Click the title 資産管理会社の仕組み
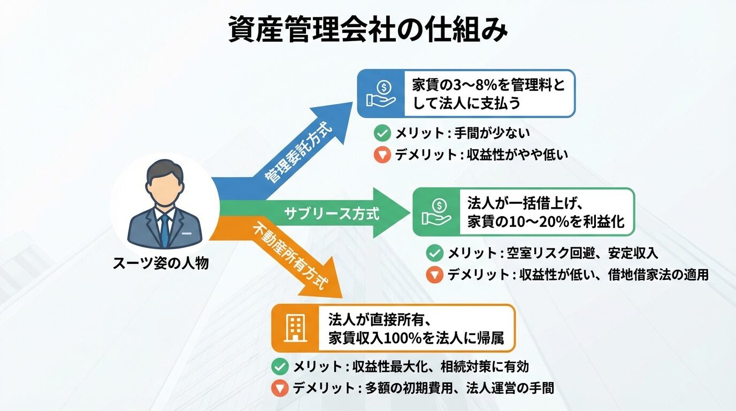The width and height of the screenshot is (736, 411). (x=367, y=29)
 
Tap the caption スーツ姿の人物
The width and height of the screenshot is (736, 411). (x=160, y=263)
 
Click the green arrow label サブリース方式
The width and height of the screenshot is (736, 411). (x=331, y=214)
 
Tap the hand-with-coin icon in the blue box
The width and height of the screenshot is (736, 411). (x=381, y=93)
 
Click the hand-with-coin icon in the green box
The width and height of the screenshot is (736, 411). (x=436, y=212)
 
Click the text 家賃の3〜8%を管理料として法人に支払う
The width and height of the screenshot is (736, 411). (x=488, y=93)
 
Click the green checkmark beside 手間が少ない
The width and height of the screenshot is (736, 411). (x=381, y=133)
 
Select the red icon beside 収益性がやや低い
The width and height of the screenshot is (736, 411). (x=381, y=155)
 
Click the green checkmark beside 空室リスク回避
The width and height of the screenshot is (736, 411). (x=434, y=253)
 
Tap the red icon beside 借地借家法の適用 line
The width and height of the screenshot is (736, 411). (x=434, y=275)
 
